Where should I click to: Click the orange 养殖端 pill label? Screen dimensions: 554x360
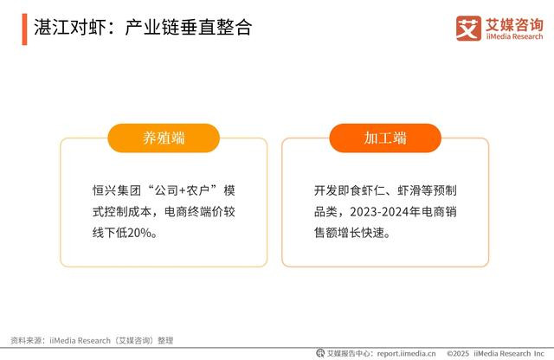(164, 138)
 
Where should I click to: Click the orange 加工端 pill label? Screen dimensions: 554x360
(385, 138)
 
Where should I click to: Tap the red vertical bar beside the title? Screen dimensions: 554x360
(24, 29)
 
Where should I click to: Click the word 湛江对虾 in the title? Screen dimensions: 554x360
(70, 28)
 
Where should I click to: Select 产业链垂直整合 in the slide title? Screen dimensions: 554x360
(189, 28)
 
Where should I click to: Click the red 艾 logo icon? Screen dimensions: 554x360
(468, 29)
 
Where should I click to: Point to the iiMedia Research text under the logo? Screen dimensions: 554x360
(514, 36)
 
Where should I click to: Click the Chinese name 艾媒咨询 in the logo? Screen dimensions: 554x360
(514, 24)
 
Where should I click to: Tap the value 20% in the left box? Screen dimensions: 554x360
(139, 233)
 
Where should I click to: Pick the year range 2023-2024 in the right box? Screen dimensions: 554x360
(379, 212)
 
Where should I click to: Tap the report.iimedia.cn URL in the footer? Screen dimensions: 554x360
(406, 353)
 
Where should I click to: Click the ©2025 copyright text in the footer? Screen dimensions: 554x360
(458, 353)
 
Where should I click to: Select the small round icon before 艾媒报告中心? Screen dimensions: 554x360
(320, 353)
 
